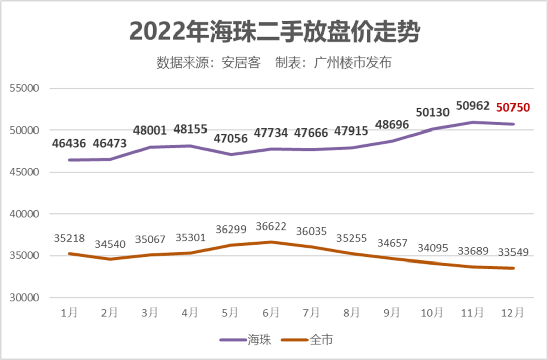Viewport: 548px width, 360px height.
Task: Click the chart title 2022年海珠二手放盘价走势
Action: click(x=275, y=31)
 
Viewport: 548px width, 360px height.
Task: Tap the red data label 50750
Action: click(x=513, y=107)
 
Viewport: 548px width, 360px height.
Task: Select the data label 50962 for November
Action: click(x=473, y=106)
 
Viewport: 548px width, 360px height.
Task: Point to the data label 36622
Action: click(x=271, y=226)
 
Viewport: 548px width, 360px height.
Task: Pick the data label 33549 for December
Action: click(x=513, y=252)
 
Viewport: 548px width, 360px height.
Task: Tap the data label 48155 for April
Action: click(x=190, y=129)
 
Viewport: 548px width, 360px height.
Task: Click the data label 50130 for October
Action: click(x=432, y=113)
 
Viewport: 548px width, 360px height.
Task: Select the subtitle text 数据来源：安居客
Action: click(x=208, y=63)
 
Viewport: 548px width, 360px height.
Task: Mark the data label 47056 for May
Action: click(x=231, y=139)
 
